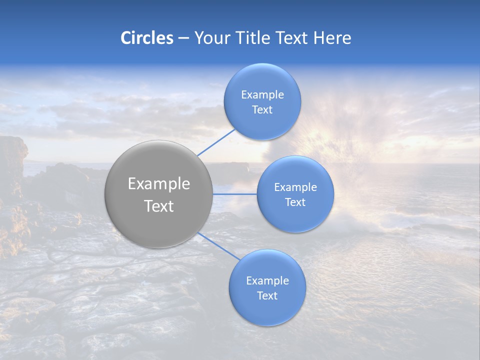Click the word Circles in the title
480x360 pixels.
(146, 38)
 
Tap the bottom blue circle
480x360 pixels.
(267, 310)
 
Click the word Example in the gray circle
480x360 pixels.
(158, 184)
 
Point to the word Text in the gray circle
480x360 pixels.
(158, 206)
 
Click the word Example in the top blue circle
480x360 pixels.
(262, 95)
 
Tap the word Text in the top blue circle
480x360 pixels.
(262, 110)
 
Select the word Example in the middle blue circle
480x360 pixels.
(295, 187)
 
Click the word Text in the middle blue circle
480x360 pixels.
(295, 202)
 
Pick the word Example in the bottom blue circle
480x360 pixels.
(267, 281)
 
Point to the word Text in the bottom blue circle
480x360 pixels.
(267, 296)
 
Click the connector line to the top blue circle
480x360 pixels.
(216, 142)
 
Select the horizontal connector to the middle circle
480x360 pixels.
(235, 194)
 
